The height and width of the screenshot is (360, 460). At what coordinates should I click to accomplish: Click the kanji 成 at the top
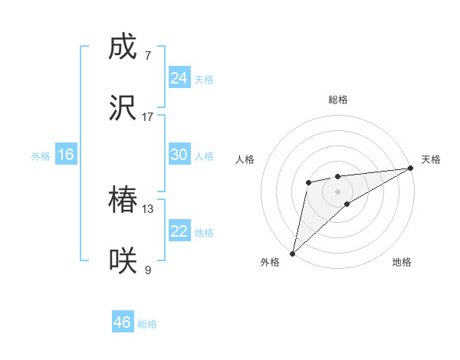123,47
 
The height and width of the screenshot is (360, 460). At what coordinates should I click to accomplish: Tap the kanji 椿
123,201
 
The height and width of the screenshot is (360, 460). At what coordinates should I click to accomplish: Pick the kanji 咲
123,261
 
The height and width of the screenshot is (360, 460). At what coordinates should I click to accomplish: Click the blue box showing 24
179,78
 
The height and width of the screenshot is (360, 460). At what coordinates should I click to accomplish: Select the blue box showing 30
179,155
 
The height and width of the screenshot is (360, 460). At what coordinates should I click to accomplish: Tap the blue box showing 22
179,231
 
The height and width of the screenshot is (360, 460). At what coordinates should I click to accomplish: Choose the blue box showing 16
65,155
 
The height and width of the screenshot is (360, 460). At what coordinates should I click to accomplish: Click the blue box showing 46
123,322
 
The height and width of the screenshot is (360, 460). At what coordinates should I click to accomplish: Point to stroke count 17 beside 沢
148,116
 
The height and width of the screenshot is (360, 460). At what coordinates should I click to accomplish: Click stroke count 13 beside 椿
148,208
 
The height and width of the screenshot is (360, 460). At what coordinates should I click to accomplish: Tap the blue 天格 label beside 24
204,80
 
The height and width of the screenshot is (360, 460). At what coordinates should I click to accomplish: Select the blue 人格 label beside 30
204,156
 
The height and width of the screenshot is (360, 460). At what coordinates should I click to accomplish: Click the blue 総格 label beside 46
147,324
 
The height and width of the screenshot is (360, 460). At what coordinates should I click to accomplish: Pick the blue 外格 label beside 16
41,156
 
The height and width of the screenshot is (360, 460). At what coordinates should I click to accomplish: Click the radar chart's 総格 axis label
337,100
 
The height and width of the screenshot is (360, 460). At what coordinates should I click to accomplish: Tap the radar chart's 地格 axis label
402,262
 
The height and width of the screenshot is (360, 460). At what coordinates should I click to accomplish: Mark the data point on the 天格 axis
411,168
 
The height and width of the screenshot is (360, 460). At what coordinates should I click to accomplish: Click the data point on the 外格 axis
292,253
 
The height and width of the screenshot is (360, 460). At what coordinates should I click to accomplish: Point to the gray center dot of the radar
337,191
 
